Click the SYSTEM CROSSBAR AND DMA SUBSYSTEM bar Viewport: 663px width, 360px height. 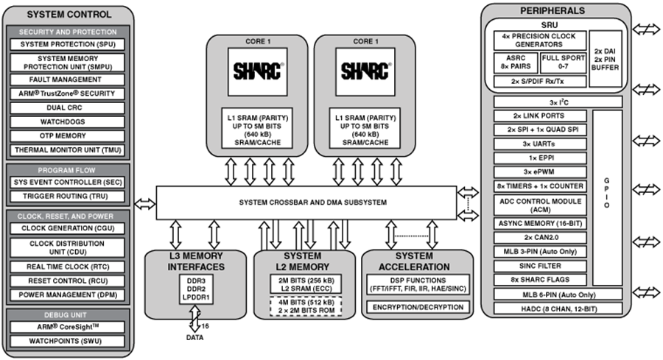pos(306,202)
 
